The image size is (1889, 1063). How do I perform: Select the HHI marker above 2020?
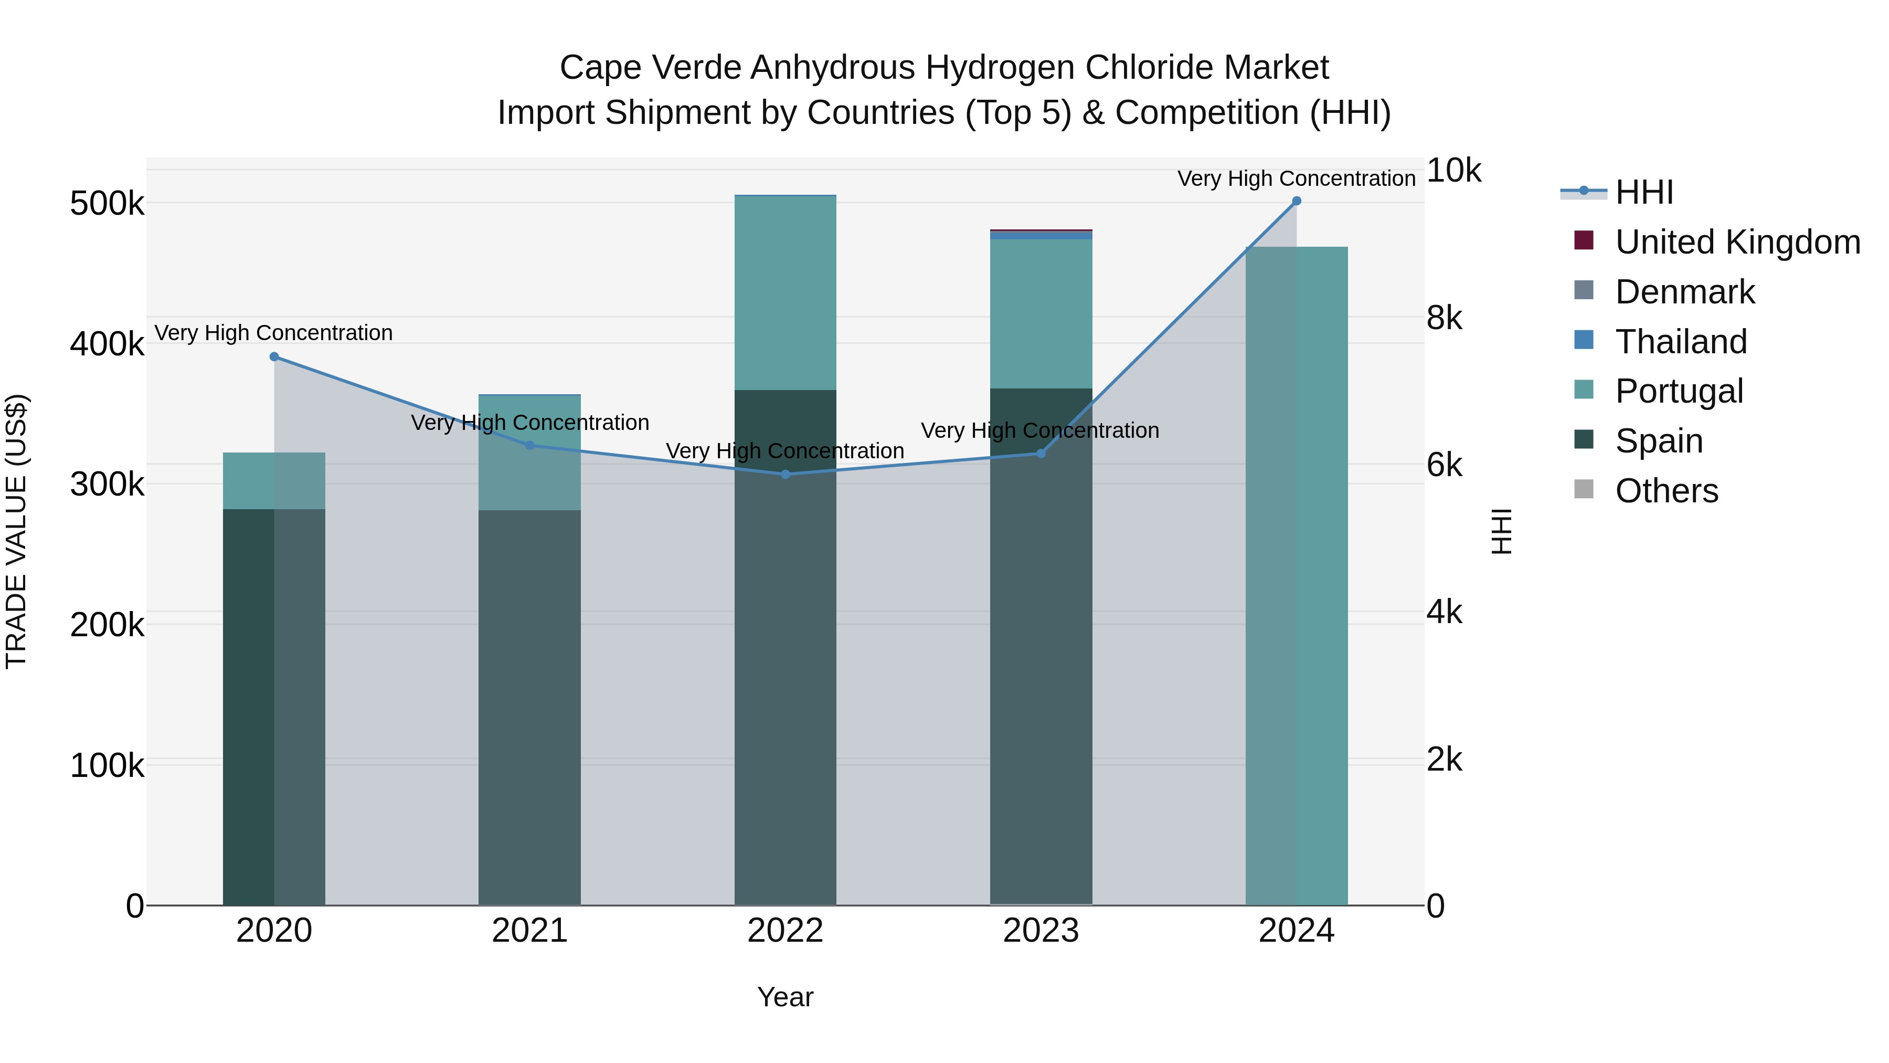coord(274,356)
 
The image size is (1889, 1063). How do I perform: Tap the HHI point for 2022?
coord(786,475)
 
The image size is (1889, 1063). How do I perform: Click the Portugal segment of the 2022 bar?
coord(786,293)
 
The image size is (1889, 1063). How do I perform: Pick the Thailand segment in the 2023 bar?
coord(1041,236)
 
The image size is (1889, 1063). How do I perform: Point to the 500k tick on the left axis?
coord(107,204)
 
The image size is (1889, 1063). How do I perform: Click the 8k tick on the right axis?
coord(1443,319)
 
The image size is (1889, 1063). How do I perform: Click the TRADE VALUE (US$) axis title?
coord(17,531)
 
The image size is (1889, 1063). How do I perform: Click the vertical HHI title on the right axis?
coord(1502,531)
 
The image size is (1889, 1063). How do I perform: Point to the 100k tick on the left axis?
coord(107,766)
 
